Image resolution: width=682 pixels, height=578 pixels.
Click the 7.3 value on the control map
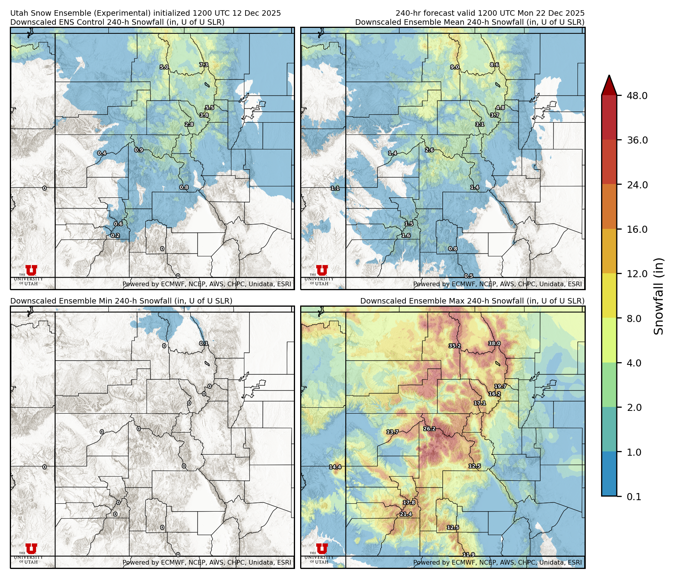point(203,65)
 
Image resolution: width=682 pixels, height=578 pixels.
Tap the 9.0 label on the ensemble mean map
point(455,67)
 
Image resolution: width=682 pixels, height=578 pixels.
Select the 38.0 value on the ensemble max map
point(494,344)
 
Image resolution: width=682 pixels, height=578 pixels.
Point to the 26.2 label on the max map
point(429,429)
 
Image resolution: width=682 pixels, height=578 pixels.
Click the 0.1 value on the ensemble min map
point(203,344)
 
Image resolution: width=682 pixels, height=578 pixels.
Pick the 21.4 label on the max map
point(406,514)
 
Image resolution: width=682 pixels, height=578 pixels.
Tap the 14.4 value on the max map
point(335,467)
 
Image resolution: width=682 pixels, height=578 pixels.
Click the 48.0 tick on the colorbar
point(637,96)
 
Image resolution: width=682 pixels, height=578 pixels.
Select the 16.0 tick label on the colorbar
point(637,229)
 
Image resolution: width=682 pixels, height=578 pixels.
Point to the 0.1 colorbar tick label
point(634,497)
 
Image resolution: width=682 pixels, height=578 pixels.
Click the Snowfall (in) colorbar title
point(659,296)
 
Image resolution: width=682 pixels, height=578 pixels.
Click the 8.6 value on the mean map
point(494,65)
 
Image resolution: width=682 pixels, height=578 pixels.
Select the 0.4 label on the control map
point(102,153)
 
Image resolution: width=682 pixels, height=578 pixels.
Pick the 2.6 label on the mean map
point(429,150)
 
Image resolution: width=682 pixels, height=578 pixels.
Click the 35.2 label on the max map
point(455,346)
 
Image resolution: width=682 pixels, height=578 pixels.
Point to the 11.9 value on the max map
point(468,555)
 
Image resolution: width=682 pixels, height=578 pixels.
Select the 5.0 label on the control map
point(164,67)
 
